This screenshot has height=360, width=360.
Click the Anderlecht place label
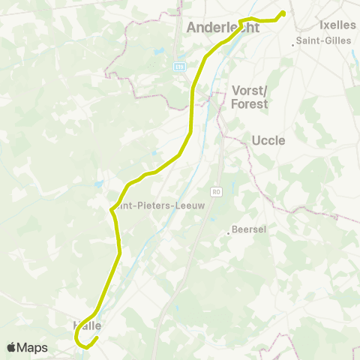pos(222,28)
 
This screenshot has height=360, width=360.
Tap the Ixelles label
pos(337,25)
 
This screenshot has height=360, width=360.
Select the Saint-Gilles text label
pos(324,40)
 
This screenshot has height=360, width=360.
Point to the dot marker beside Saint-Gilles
pos(292,45)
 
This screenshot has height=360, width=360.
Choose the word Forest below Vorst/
pos(250,104)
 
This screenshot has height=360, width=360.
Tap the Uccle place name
pos(268,140)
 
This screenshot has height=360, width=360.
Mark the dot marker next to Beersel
pos(229,233)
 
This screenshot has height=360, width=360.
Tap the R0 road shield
pos(217,192)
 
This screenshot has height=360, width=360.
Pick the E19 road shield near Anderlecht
pos(180,67)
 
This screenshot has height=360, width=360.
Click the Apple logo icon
pos(13,347)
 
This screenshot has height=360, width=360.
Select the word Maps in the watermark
pos(32,347)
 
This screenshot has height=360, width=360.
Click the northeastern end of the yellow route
pos(283,12)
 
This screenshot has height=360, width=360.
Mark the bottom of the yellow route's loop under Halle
pos(82,346)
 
